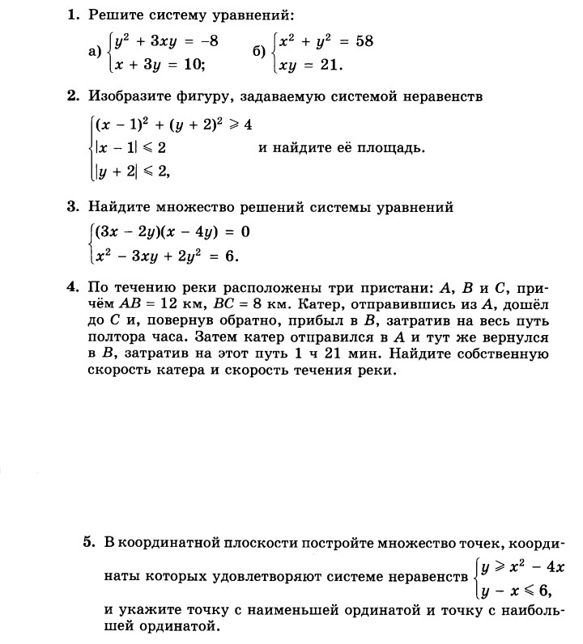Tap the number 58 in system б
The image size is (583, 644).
pyautogui.click(x=363, y=40)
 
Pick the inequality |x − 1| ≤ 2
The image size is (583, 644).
pyautogui.click(x=130, y=148)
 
